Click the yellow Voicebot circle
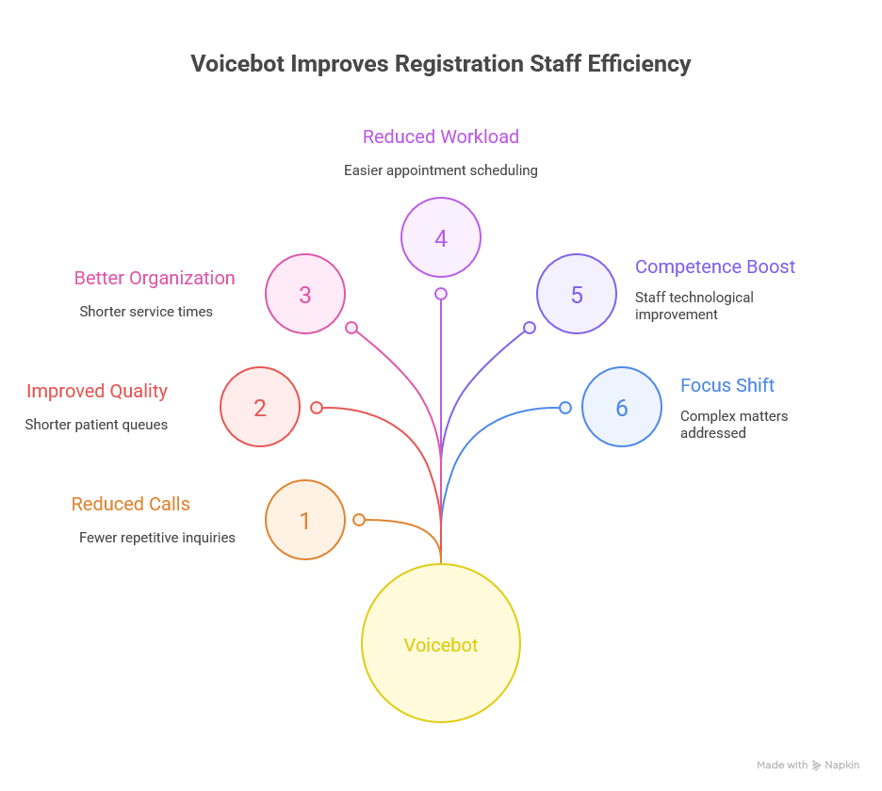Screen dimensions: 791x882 pos(441,643)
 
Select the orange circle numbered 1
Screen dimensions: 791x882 pos(305,520)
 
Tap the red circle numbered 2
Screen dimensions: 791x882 pos(260,407)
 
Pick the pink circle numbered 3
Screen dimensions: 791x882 pos(305,294)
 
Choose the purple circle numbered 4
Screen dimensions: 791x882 pos(441,237)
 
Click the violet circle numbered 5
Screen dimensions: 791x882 pos(577,294)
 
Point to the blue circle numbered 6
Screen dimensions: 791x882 pos(622,407)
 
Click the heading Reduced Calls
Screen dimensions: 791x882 pos(131,504)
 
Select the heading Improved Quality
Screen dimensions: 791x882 pos(97,391)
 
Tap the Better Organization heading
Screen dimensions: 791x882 pos(155,278)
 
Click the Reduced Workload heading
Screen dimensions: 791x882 pos(441,137)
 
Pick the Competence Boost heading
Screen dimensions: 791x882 pos(715,266)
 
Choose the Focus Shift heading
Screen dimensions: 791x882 pos(727,385)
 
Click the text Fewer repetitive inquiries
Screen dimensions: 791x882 pos(157,538)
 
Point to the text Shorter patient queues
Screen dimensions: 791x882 pos(96,425)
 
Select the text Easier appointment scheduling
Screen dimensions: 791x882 pos(441,170)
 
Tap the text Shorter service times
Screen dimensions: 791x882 pos(146,312)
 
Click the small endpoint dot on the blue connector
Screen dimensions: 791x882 pos(565,408)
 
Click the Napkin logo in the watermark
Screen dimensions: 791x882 pos(837,766)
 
